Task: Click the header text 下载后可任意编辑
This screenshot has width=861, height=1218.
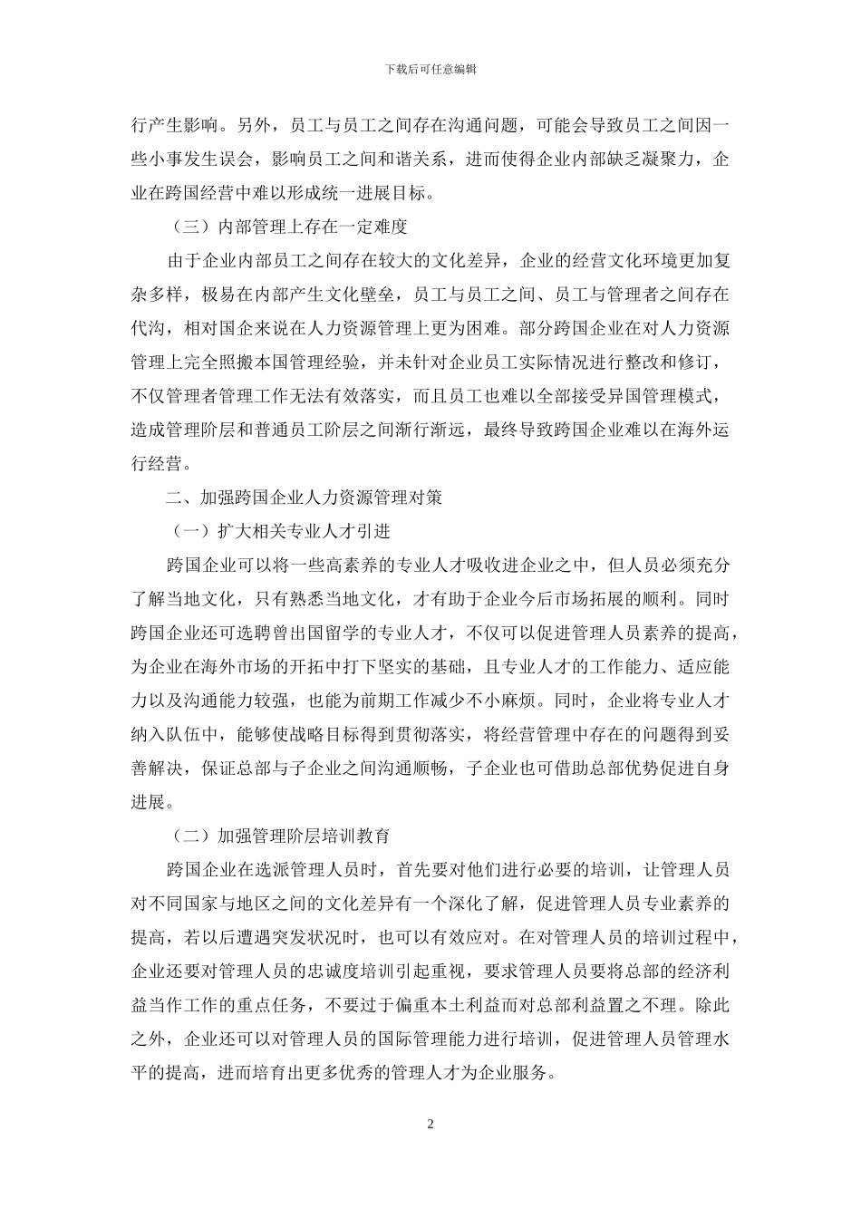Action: pyautogui.click(x=430, y=69)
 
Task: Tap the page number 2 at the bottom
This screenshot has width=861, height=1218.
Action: pyautogui.click(x=430, y=1125)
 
